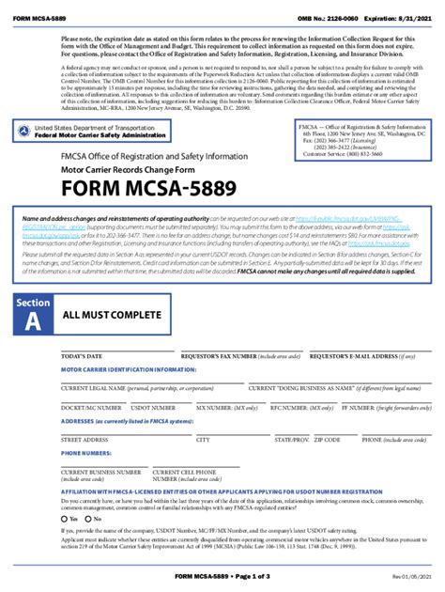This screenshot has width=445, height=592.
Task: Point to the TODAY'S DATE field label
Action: coord(82,357)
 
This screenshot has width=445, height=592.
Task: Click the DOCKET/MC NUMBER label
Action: coord(91,409)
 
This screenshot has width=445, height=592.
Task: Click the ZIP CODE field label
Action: coord(327,439)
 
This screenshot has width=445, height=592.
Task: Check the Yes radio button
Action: coord(63,519)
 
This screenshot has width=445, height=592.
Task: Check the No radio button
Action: coord(87,519)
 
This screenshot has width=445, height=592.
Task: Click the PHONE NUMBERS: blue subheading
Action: coord(86,453)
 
